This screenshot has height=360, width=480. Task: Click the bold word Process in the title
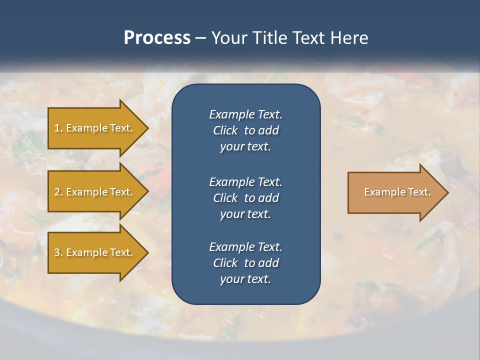[x=157, y=38]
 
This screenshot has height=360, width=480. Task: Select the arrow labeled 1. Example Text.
[x=95, y=128]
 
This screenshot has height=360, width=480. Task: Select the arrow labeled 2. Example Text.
[x=95, y=192]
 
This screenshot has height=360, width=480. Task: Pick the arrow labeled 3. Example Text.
[x=95, y=252]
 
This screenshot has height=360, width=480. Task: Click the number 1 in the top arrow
[x=57, y=128]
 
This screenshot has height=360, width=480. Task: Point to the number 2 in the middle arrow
[x=57, y=192]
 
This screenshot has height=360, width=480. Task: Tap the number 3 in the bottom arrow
[x=57, y=252]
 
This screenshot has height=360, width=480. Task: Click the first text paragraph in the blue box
[x=245, y=130]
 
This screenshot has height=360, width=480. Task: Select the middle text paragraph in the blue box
[x=245, y=197]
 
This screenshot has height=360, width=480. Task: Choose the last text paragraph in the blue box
[x=245, y=263]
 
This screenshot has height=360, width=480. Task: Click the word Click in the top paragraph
[x=225, y=130]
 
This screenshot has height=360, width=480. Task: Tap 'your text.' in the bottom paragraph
[x=245, y=279]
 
